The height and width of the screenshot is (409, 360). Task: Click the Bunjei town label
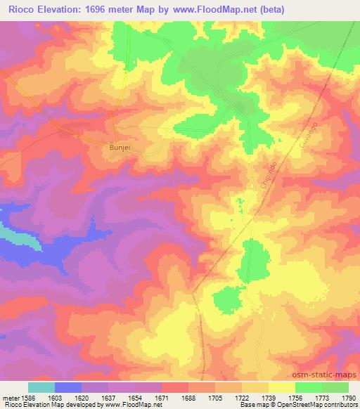pyautogui.click(x=116, y=148)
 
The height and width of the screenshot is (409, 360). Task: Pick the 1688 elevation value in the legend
pyautogui.click(x=188, y=397)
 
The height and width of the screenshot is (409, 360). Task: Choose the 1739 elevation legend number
pyautogui.click(x=268, y=397)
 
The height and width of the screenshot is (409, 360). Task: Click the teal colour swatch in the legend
pyautogui.click(x=41, y=387)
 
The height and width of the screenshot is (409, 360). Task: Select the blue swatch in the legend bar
pyautogui.click(x=68, y=387)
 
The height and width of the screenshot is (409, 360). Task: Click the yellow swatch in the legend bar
pyautogui.click(x=282, y=387)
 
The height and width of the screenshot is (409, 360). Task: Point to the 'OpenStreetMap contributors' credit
pyautogui.click(x=326, y=405)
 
